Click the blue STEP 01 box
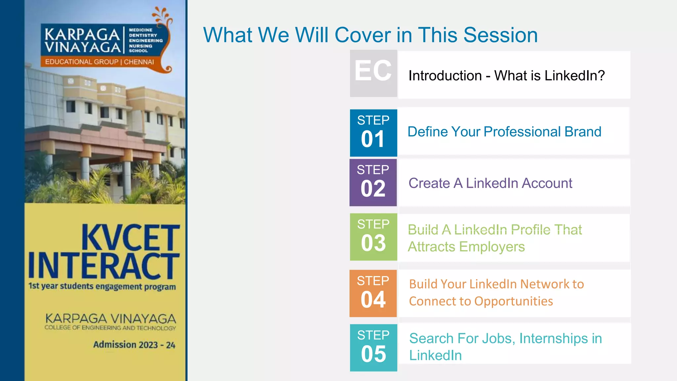pos(374,133)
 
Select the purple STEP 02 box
pos(373,183)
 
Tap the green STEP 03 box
pos(374,237)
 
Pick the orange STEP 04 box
pos(373,293)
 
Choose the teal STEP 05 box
pos(374,348)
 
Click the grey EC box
pos(374,73)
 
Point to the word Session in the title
pos(500,35)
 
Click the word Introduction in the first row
pos(445,76)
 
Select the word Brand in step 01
pos(582,132)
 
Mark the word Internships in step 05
pos(554,338)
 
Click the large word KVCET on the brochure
pos(131,237)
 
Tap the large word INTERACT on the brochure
pos(104,266)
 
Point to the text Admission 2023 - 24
pos(134,345)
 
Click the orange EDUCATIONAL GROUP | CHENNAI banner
pos(100,62)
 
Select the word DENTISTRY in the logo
pos(143,35)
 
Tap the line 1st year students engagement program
pos(102,286)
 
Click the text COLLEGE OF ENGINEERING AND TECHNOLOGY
pos(110,328)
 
